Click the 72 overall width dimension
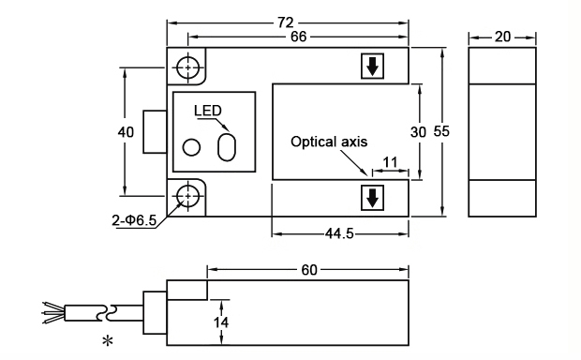pyautogui.click(x=288, y=21)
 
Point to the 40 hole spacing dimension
pyautogui.click(x=126, y=132)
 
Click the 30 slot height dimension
pyautogui.click(x=419, y=131)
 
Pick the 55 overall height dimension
pyautogui.click(x=441, y=131)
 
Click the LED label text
pyautogui.click(x=208, y=111)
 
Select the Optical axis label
pyautogui.click(x=328, y=142)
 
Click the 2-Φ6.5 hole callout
pyautogui.click(x=133, y=221)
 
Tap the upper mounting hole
pyautogui.click(x=189, y=68)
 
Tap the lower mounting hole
pyautogui.click(x=189, y=196)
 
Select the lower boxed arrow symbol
pyautogui.click(x=372, y=198)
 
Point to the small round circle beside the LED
pyautogui.click(x=192, y=148)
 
